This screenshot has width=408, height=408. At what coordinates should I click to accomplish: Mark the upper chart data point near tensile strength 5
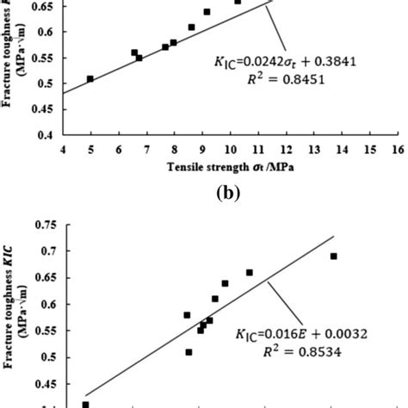(90, 79)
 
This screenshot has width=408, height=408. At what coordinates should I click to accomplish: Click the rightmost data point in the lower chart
(334, 256)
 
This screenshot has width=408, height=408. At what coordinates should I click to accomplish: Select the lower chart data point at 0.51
(189, 352)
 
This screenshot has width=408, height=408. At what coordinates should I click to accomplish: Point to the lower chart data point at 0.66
(250, 273)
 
